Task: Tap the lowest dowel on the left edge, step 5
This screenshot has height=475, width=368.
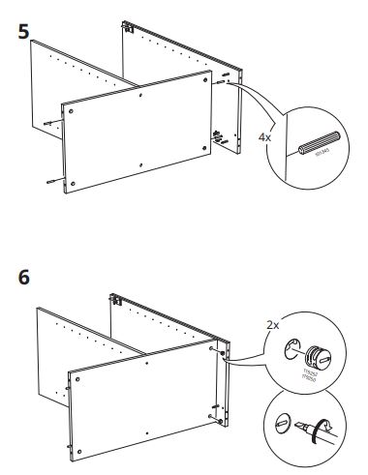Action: point(48,181)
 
